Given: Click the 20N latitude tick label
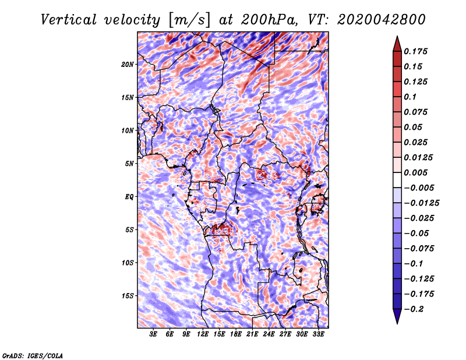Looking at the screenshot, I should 128,64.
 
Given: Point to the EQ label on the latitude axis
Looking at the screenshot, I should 129,197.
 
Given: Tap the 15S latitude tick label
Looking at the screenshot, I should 128,296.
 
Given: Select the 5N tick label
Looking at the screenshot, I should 129,164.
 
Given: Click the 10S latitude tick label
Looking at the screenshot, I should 128,263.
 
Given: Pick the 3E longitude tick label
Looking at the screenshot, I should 154,335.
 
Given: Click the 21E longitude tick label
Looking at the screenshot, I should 252,335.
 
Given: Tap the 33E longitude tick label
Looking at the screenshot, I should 318,335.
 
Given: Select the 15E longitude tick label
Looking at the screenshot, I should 220,335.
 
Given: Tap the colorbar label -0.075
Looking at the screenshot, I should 419,249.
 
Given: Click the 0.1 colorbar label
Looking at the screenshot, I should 410,97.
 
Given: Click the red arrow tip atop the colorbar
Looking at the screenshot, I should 397,41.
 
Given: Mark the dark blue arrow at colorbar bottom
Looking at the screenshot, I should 397,317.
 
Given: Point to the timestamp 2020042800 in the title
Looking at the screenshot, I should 376,19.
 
